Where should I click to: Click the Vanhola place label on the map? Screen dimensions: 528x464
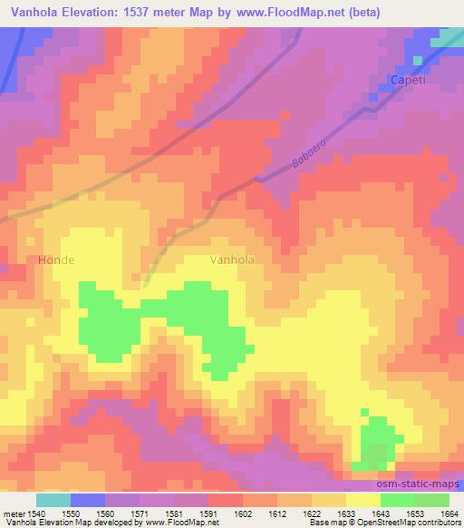pos(231,259)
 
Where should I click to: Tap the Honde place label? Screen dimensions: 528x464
pos(56,260)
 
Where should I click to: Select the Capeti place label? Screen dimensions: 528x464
pos(407,80)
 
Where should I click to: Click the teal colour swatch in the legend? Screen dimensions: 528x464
pos(53,500)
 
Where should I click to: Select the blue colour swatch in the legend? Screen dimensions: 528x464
pos(87,500)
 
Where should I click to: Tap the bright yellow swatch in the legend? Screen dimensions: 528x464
pos(362,500)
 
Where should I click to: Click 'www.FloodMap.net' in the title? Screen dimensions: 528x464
pos(285,12)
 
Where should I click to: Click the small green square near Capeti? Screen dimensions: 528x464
pos(417,61)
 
